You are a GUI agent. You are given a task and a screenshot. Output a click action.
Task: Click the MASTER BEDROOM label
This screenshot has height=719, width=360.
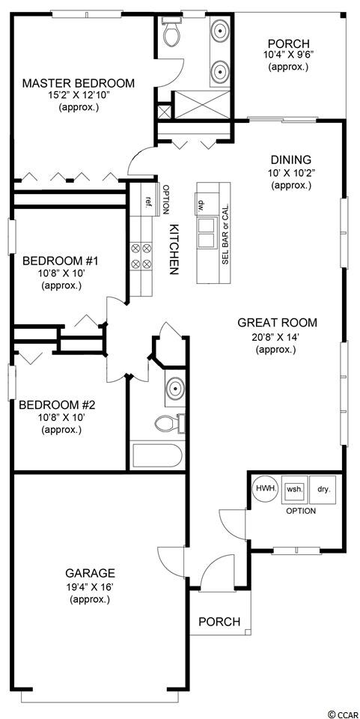pyautogui.click(x=79, y=83)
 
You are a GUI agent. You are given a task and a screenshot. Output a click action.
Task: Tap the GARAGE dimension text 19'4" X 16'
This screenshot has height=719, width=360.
pyautogui.click(x=91, y=586)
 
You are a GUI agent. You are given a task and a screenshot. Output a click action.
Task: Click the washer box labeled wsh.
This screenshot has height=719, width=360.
pyautogui.click(x=294, y=489)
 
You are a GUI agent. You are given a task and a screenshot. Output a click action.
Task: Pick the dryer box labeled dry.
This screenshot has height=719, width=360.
pyautogui.click(x=323, y=489)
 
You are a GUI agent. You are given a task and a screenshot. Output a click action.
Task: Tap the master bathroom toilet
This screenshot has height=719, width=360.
pyautogui.click(x=171, y=32)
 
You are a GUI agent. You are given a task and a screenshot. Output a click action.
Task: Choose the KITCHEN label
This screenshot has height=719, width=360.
pyautogui.click(x=174, y=249)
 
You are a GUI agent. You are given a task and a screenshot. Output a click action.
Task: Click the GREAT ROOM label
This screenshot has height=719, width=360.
pyautogui.click(x=277, y=322)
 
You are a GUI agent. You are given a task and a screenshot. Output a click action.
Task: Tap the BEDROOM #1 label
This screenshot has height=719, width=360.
pyautogui.click(x=61, y=261)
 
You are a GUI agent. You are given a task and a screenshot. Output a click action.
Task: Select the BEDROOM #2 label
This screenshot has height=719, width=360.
pyautogui.click(x=57, y=405)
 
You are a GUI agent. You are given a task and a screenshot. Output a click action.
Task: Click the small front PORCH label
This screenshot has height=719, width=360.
pyautogui.click(x=219, y=622)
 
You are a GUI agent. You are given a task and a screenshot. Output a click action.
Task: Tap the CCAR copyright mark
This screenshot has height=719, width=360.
pyautogui.click(x=343, y=715)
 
